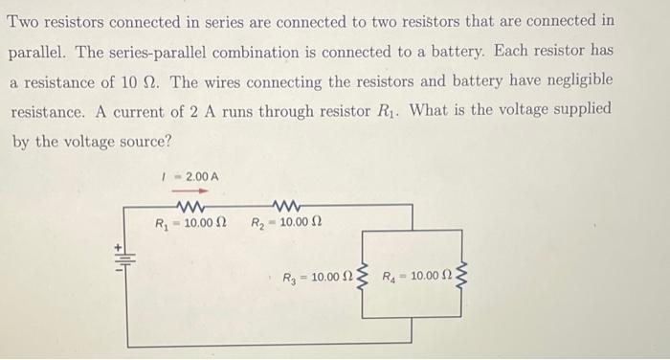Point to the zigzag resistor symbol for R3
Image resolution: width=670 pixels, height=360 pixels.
[362, 278]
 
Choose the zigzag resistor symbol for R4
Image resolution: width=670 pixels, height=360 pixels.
[463, 278]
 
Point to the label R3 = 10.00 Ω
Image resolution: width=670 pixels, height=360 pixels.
[317, 279]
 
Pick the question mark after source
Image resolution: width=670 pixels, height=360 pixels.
[167, 142]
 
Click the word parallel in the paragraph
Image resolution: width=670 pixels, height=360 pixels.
[41, 51]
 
